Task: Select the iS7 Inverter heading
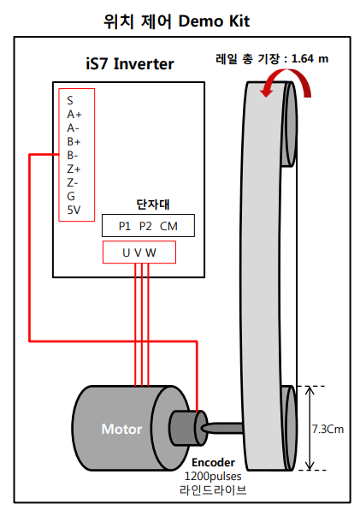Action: pyautogui.click(x=125, y=63)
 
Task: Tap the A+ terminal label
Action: pyautogui.click(x=74, y=114)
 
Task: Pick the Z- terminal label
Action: pyautogui.click(x=73, y=182)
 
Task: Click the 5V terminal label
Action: pyautogui.click(x=74, y=210)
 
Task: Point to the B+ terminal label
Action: pyautogui.click(x=74, y=141)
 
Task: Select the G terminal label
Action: pyautogui.click(x=70, y=196)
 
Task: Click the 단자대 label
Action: pyautogui.click(x=149, y=205)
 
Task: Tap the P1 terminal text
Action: pyautogui.click(x=125, y=226)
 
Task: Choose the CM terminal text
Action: pyautogui.click(x=169, y=226)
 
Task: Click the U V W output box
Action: pyautogui.click(x=139, y=252)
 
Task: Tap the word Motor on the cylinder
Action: pyautogui.click(x=121, y=429)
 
